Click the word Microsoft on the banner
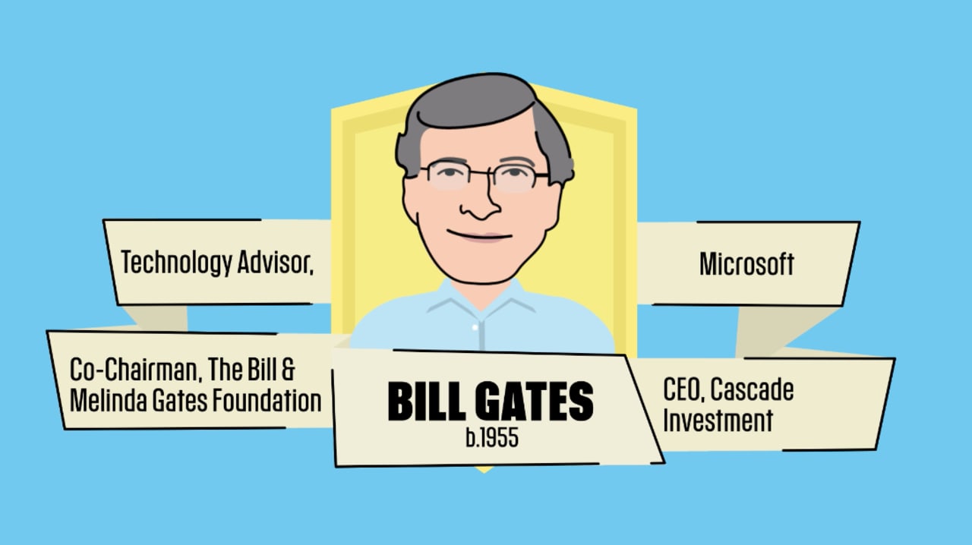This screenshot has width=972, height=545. (x=746, y=264)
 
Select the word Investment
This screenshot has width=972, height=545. (x=718, y=420)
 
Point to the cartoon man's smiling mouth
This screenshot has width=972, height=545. (x=480, y=236)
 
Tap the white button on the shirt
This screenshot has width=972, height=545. (x=476, y=326)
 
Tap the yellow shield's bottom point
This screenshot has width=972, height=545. (x=484, y=468)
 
